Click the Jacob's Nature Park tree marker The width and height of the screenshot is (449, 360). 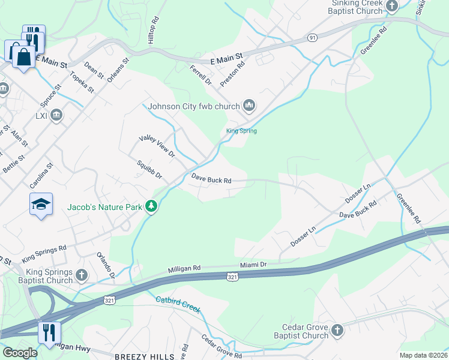click(152, 207)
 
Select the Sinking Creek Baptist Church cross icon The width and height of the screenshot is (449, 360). click(392, 7)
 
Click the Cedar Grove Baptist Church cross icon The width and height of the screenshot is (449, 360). click(337, 331)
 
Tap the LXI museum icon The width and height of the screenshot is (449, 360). click(56, 115)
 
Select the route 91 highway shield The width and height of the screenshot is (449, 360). click(312, 37)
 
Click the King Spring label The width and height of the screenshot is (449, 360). click(241, 131)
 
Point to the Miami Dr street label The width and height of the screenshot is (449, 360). click(253, 265)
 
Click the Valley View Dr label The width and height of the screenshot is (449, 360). click(156, 146)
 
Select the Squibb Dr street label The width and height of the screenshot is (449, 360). click(149, 169)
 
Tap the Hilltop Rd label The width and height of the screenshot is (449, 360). click(155, 29)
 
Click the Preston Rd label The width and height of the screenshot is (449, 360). click(232, 73)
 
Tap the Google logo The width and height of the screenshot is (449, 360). click(19, 353)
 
